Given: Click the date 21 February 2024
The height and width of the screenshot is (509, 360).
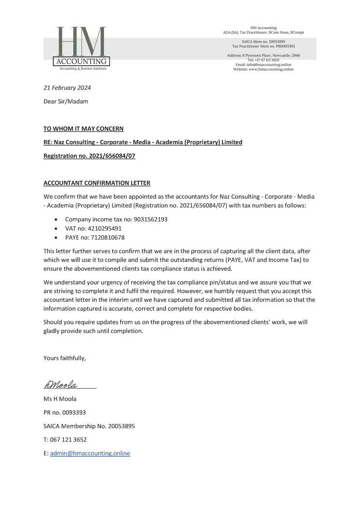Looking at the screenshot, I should [x=67, y=88].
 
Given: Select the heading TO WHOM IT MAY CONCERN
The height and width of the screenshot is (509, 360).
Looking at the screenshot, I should [x=83, y=129].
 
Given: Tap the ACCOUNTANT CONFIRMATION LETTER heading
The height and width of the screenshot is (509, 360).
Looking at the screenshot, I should [x=97, y=183].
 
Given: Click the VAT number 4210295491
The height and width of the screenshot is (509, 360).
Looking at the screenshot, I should [x=105, y=228].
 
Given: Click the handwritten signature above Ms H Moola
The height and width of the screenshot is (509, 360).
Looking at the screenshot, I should [x=61, y=385].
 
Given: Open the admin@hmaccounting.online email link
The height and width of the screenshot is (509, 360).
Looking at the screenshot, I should [x=90, y=453].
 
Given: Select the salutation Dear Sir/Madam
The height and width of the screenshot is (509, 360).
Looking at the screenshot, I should [x=66, y=102].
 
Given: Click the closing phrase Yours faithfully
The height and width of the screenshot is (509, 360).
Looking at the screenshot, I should [x=65, y=358].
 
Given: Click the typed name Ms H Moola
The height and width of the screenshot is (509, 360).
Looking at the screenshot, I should [x=60, y=399].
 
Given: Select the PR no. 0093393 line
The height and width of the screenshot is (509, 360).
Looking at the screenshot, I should [x=65, y=412].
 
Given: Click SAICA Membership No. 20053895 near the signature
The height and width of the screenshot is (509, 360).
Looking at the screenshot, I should [x=89, y=426].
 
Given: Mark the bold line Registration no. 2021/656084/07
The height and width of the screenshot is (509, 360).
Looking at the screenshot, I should [x=89, y=156].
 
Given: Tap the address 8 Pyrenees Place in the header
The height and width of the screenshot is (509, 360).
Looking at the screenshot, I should [x=263, y=56].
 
